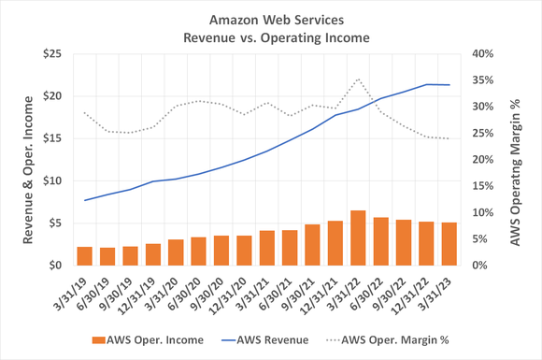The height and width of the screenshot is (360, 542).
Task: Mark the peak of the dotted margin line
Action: [x=358, y=79]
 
